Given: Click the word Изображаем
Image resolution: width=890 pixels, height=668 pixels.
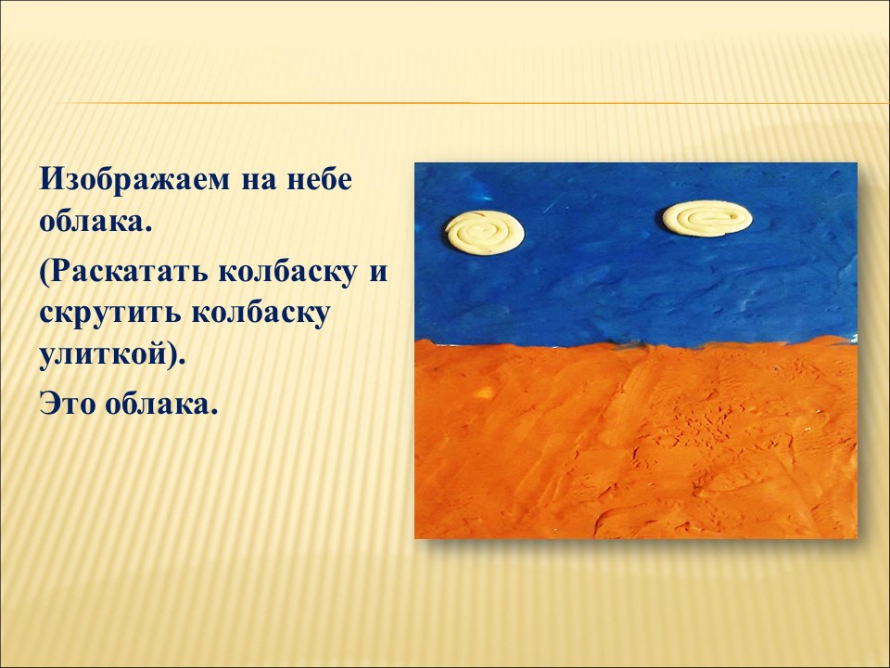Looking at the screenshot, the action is [135, 180].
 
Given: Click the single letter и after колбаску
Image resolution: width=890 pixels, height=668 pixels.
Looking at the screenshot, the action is [378, 273].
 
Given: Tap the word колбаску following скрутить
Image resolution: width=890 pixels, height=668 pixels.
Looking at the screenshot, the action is [261, 315].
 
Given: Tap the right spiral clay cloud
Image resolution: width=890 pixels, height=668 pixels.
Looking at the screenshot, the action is [707, 218].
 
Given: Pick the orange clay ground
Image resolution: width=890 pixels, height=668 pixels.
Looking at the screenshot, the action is [636, 440].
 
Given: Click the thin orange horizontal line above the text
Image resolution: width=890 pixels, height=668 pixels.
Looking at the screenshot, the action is [472, 103].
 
